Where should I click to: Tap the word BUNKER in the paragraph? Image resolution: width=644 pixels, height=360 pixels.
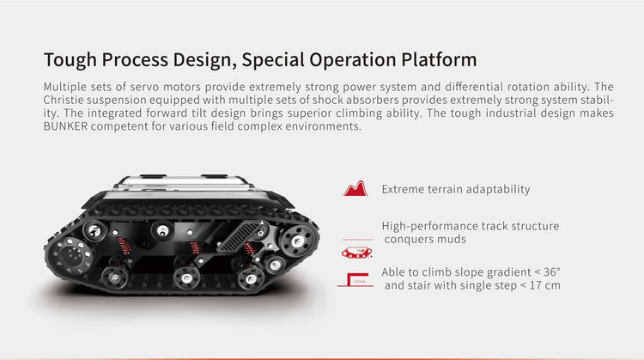tap(66, 126)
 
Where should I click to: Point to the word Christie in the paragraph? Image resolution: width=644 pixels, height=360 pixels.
tap(64, 100)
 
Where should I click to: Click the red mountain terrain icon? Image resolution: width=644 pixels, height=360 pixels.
tap(355, 189)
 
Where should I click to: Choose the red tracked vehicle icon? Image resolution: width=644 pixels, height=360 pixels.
tap(356, 253)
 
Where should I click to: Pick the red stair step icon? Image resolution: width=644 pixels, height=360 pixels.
tap(355, 279)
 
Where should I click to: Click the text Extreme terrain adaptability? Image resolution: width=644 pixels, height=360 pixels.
tap(456, 189)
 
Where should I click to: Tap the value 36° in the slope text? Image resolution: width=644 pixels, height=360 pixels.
tap(552, 272)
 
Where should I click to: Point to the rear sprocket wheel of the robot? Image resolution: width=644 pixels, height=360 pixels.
tap(297, 241)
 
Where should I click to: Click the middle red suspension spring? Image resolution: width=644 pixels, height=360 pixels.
tap(196, 247)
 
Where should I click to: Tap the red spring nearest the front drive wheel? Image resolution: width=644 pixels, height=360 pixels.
tap(124, 246)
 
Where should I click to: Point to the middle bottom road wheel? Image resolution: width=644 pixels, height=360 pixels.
tap(186, 278)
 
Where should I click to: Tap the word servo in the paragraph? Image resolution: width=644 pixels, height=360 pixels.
tap(145, 87)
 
